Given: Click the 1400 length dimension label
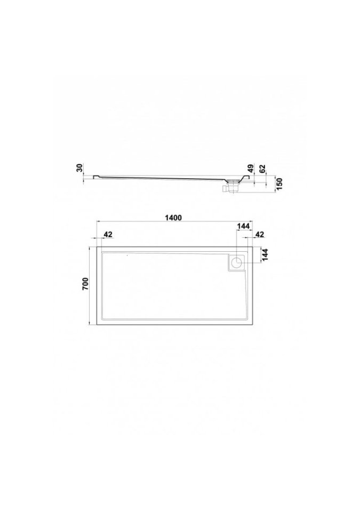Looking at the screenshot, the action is coord(173,218).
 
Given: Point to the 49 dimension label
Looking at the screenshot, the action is coord(251,169).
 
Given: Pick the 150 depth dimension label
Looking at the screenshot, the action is coord(279,185).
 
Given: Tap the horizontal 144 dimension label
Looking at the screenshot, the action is coord(243,226).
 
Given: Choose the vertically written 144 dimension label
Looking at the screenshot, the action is coord(265,255).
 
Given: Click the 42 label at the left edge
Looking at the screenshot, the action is coord(108,234).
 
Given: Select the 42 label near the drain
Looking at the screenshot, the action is coord(259,234).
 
